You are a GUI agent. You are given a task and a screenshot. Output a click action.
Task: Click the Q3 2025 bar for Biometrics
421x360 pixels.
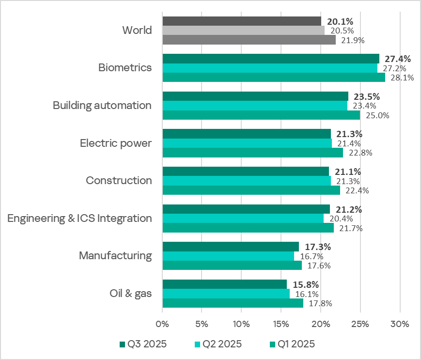(x=271, y=59)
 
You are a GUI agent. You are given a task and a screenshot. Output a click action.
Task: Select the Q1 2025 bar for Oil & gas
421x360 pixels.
(x=233, y=303)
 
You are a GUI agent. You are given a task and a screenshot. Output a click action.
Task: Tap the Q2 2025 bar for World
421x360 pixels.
(x=243, y=31)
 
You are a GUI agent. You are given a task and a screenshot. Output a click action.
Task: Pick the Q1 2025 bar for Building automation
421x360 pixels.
(x=261, y=115)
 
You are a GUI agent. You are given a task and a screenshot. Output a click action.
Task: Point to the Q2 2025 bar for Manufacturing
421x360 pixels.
(x=228, y=256)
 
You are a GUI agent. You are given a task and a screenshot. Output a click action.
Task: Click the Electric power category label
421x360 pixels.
(x=115, y=143)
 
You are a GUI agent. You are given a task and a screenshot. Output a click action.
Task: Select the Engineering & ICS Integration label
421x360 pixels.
(x=79, y=218)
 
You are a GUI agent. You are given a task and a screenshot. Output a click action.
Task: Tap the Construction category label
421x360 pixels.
(x=119, y=181)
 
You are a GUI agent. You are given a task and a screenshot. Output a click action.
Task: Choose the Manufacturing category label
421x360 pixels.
(x=115, y=255)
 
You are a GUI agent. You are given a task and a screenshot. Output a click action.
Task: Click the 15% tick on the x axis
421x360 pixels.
(x=281, y=323)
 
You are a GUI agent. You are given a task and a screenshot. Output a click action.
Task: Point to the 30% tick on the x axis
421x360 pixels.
(x=400, y=323)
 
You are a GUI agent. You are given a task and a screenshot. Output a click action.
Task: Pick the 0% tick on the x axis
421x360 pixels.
(x=162, y=323)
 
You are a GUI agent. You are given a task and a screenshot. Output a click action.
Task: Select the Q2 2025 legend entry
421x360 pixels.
(x=218, y=344)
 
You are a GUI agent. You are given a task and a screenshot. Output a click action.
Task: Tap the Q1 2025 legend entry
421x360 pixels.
(x=291, y=344)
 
